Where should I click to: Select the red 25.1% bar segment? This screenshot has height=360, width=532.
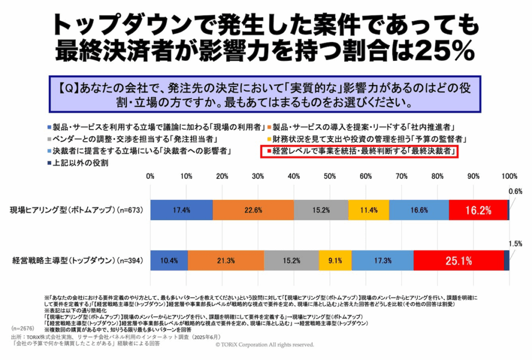click(x=458, y=260)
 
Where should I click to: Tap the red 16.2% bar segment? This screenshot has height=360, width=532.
click(x=478, y=210)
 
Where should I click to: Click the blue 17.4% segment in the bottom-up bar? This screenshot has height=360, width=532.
click(x=181, y=210)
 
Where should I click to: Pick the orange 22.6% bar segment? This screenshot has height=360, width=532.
click(x=253, y=210)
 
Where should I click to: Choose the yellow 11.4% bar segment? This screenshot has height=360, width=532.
click(x=368, y=210)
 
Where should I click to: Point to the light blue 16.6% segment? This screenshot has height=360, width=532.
click(x=419, y=210)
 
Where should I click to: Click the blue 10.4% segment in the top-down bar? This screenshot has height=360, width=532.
click(x=169, y=260)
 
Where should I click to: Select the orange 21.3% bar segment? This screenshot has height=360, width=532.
click(x=225, y=260)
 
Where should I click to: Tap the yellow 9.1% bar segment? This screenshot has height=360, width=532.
click(x=335, y=260)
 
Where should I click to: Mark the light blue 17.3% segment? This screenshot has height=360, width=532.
click(x=382, y=260)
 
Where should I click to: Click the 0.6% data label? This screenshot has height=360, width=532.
click(x=516, y=191)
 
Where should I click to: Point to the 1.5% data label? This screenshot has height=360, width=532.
click(x=516, y=243)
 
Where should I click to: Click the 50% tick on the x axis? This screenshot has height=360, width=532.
click(x=329, y=176)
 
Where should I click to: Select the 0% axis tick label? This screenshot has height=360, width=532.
click(x=150, y=176)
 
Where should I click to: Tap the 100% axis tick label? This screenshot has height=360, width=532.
click(x=509, y=176)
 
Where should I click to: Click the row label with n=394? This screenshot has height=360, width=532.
click(x=75, y=260)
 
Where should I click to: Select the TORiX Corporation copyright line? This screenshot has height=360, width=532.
click(x=265, y=344)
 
